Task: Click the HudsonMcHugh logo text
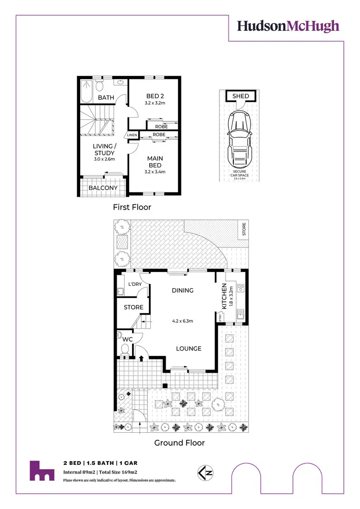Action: point(288,26)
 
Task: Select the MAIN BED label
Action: point(155,162)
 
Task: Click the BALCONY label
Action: point(103,188)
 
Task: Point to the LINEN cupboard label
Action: point(132,135)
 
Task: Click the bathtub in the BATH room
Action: point(86,91)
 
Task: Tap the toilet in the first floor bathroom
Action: point(99,86)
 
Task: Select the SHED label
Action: point(240,96)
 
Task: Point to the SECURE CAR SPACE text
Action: point(240,173)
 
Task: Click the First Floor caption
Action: point(132,207)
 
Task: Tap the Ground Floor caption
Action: point(179,443)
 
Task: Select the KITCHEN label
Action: point(224,296)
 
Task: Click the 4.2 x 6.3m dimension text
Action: point(182,321)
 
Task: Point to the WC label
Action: point(127,339)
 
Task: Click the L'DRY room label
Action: point(135,284)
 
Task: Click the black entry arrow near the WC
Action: point(142,357)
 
